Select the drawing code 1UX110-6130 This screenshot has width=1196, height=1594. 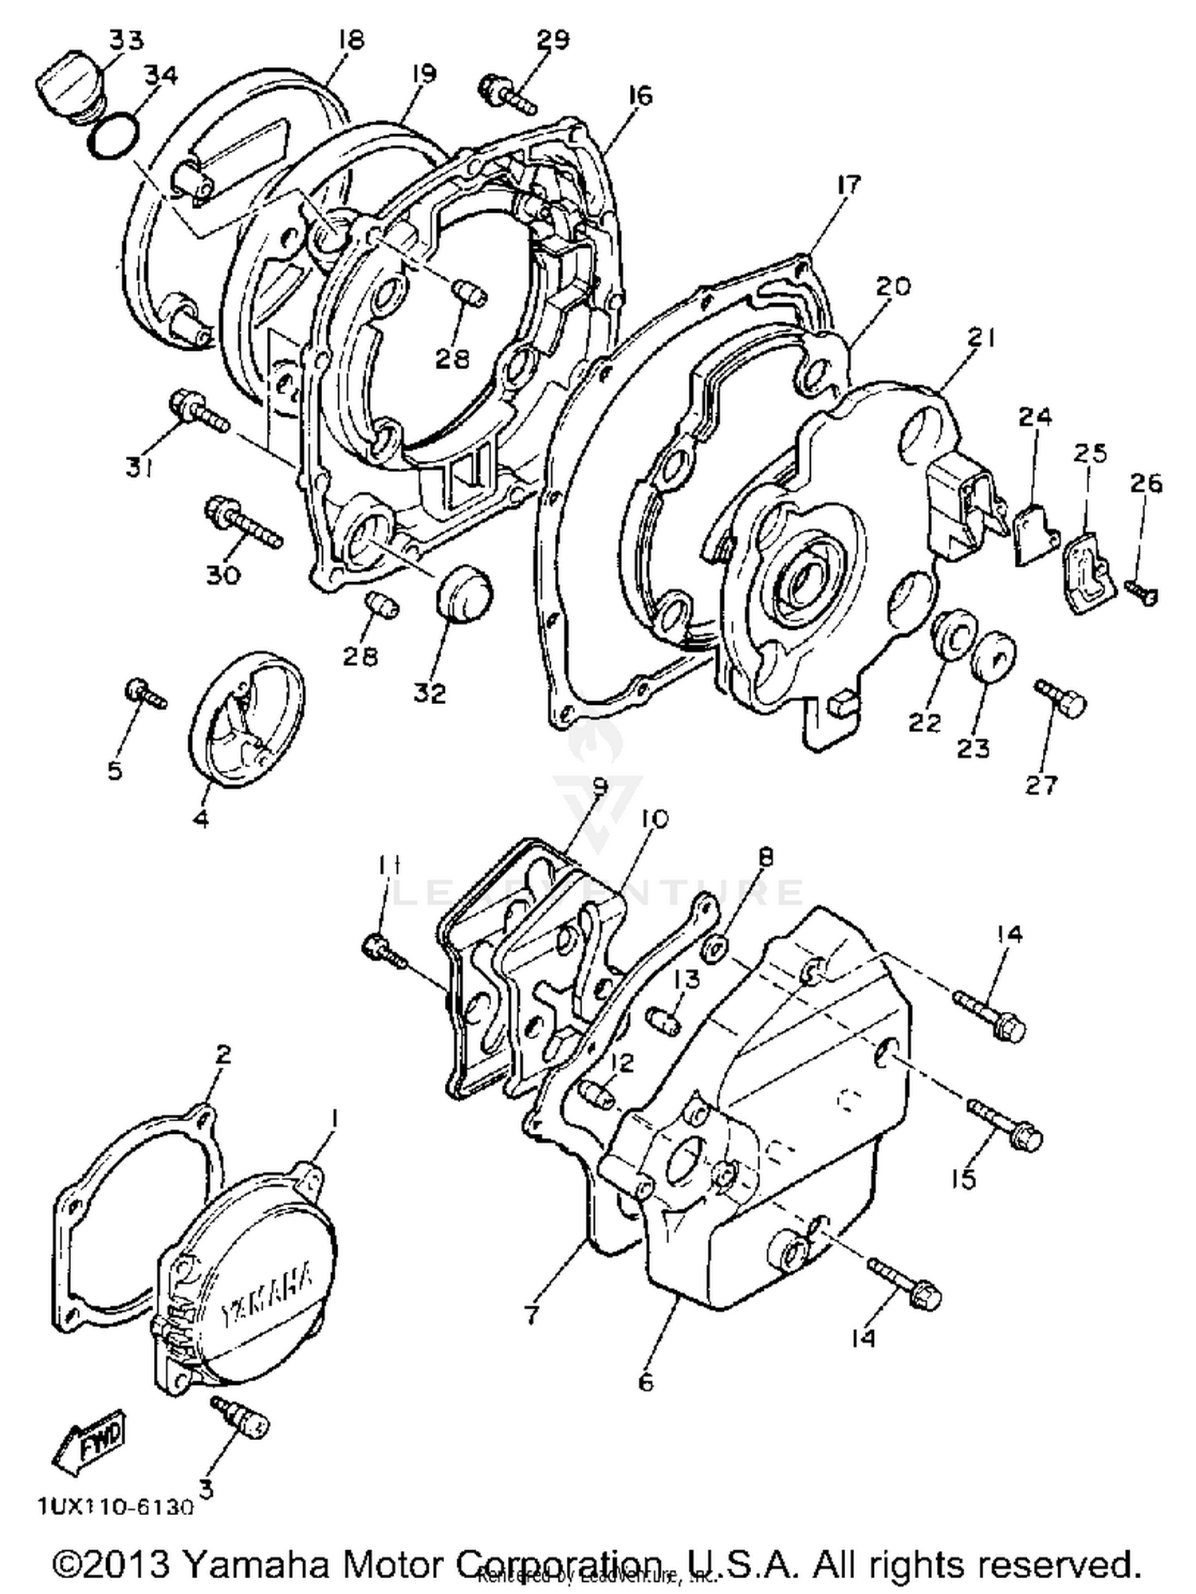coord(115,1507)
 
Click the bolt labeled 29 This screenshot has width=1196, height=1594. coord(507,94)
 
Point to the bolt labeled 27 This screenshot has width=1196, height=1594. coord(1060,699)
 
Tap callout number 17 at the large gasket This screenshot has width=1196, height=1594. coord(849,185)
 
